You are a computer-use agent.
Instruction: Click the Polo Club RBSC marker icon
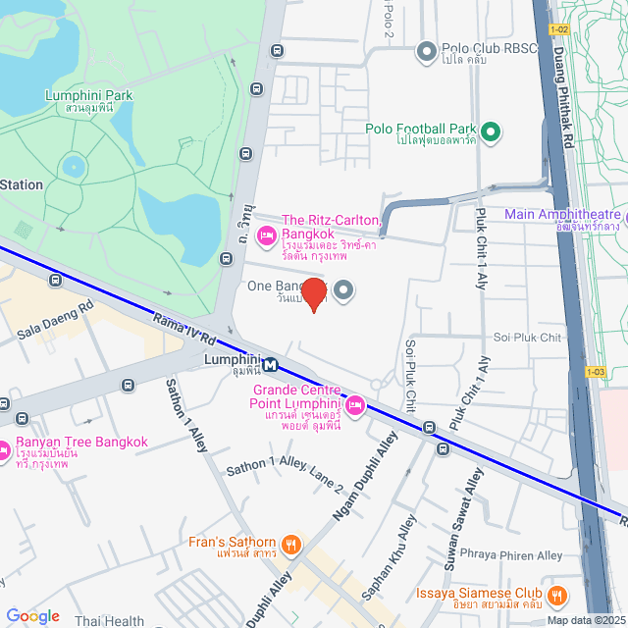427,50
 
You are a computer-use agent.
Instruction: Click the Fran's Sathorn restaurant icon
290,545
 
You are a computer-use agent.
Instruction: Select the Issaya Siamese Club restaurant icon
557,596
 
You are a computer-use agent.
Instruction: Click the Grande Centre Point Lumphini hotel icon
355,404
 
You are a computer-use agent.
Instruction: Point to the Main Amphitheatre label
563,215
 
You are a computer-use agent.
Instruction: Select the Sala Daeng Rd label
55,320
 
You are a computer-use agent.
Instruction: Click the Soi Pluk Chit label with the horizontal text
527,338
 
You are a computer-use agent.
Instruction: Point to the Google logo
33,616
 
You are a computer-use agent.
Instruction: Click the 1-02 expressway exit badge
559,29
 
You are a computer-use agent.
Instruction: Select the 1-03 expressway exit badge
595,372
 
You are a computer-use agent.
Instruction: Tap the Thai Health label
109,621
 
